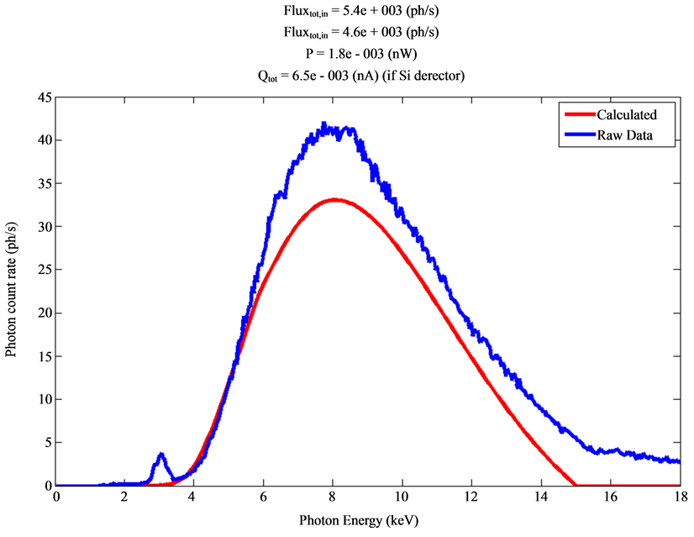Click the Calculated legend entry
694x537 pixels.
click(626, 115)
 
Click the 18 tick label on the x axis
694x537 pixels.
click(679, 498)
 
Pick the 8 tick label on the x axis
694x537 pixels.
click(334, 498)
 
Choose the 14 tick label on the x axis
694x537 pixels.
click(540, 498)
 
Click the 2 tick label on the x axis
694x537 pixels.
click(125, 498)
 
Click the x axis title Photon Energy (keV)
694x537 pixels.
click(367, 521)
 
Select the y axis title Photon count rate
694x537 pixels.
click(12, 291)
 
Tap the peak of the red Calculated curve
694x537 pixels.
click(334, 199)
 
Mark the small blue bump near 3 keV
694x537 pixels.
click(160, 455)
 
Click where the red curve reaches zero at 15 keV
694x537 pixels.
click(576, 485)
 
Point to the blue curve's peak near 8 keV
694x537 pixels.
click(324, 124)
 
